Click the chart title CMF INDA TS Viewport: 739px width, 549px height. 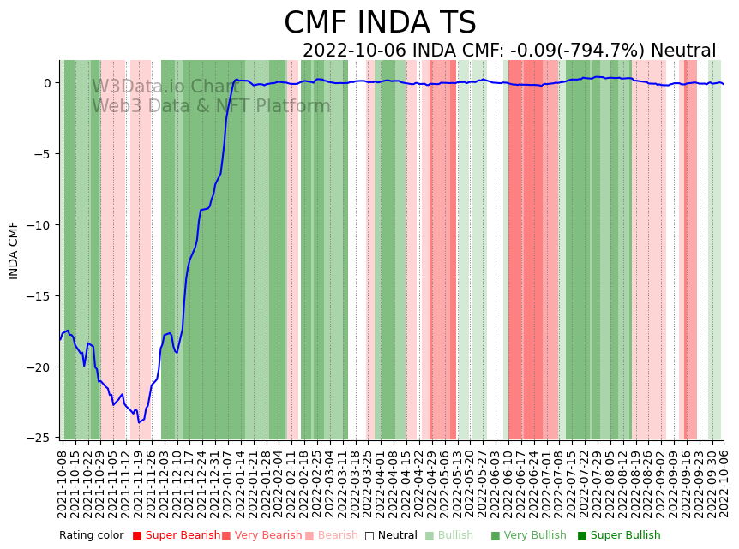click(x=380, y=23)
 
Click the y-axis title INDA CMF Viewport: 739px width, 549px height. click(x=14, y=250)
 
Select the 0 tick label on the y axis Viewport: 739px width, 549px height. click(x=47, y=83)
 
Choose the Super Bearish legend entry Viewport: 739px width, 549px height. click(x=182, y=535)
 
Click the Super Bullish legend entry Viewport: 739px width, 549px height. click(x=625, y=535)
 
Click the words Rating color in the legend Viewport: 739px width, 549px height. click(x=92, y=535)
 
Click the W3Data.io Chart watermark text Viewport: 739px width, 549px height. click(x=165, y=87)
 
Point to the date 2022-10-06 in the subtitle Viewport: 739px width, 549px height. click(x=355, y=51)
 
